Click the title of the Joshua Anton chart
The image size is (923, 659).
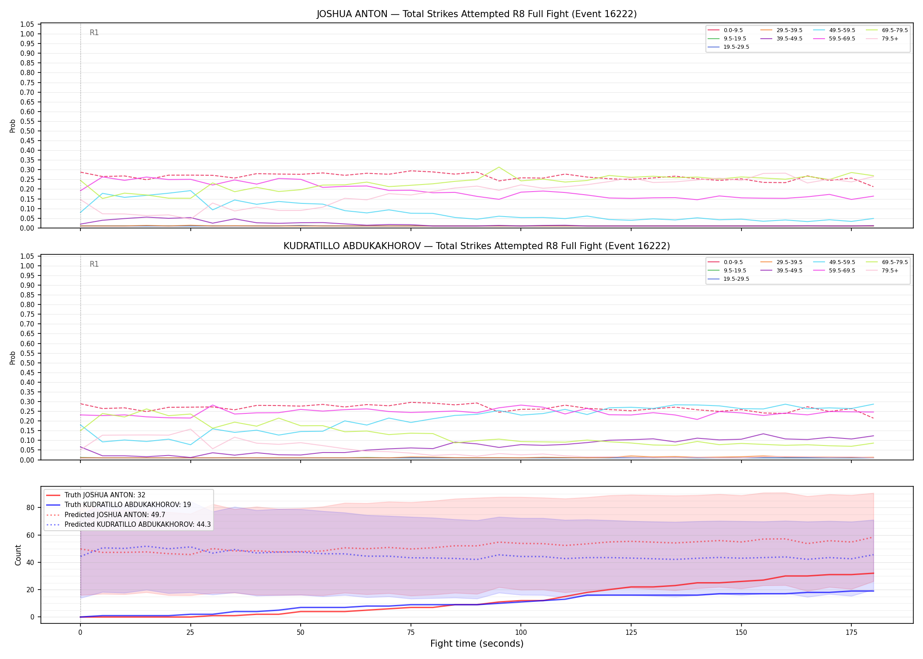[x=476, y=14]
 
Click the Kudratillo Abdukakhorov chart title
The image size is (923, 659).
[x=476, y=246]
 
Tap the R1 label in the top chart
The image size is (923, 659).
[x=94, y=33]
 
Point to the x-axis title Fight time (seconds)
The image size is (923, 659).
[x=477, y=644]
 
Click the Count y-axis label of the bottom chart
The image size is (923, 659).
[x=18, y=555]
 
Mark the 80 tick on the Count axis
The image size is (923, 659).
[x=30, y=508]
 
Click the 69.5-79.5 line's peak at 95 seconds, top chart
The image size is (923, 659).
[x=498, y=167]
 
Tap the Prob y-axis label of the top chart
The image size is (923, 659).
[x=13, y=126]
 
